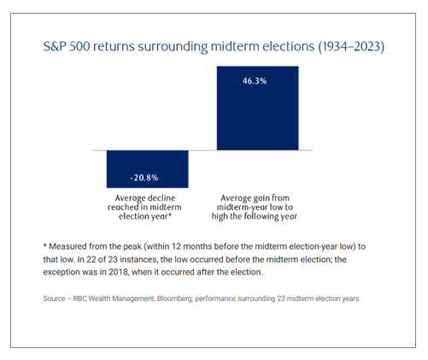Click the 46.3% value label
[x=255, y=81]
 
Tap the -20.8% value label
[x=144, y=178]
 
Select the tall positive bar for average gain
[x=257, y=108]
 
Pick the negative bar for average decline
[x=147, y=169]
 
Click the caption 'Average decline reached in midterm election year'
[x=144, y=207]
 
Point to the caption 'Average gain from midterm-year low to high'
[x=255, y=207]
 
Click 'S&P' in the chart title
[x=55, y=46]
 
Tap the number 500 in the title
[x=79, y=46]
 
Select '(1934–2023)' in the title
[x=351, y=46]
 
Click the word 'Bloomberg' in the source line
[x=174, y=298]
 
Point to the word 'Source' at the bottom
[x=54, y=298]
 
